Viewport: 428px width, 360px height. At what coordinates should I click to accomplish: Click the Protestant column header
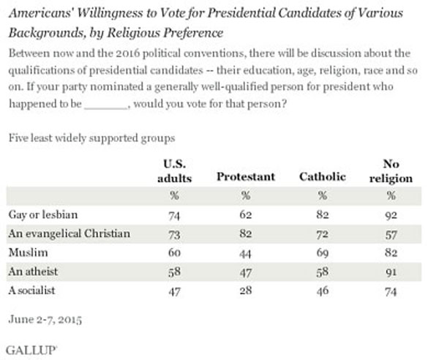pyautogui.click(x=246, y=177)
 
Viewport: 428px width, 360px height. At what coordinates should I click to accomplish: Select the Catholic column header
pyautogui.click(x=323, y=177)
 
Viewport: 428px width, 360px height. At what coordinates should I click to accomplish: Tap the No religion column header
pyautogui.click(x=391, y=171)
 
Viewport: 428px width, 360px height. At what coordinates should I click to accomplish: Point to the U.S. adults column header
pyautogui.click(x=175, y=171)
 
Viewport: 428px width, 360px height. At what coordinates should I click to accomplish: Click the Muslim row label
pyautogui.click(x=28, y=252)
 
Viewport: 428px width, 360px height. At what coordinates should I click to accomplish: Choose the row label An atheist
pyautogui.click(x=33, y=271)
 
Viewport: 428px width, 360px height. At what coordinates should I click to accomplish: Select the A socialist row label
pyautogui.click(x=31, y=290)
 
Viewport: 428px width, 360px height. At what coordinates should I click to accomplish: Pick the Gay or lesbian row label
pyautogui.click(x=43, y=215)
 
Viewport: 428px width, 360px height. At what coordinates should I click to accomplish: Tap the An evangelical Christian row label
pyautogui.click(x=70, y=234)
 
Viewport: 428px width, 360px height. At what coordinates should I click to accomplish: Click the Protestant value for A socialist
pyautogui.click(x=246, y=290)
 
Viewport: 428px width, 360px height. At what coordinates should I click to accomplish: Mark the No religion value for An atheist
pyautogui.click(x=391, y=272)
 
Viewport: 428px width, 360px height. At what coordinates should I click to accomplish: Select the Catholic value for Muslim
pyautogui.click(x=323, y=253)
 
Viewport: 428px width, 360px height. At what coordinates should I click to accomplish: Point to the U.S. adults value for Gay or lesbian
pyautogui.click(x=174, y=216)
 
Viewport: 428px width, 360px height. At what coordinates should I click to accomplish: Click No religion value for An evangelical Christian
pyautogui.click(x=391, y=235)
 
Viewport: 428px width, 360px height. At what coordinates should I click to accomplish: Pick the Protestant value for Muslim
pyautogui.click(x=246, y=254)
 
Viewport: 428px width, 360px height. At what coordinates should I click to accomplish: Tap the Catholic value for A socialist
pyautogui.click(x=323, y=291)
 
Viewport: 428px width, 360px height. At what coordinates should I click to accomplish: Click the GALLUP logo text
pyautogui.click(x=31, y=350)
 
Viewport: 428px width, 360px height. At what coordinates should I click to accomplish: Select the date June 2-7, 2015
pyautogui.click(x=45, y=319)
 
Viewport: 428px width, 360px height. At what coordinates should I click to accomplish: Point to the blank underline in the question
pyautogui.click(x=106, y=109)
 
